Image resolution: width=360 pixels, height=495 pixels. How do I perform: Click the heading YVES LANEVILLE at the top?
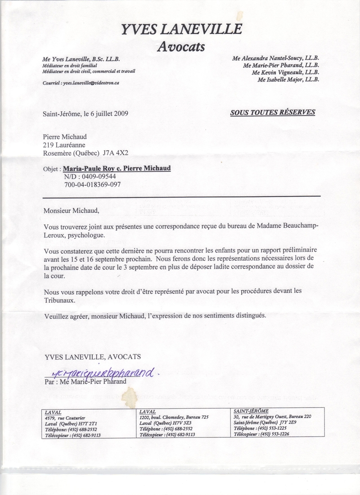[181, 30]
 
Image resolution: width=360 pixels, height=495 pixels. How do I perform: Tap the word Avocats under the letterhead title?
[180, 46]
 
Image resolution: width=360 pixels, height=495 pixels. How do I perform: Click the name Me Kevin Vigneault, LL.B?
[285, 72]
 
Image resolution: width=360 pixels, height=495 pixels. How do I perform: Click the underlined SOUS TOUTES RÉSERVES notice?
[273, 112]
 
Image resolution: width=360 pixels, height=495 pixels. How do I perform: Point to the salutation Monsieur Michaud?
[70, 210]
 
